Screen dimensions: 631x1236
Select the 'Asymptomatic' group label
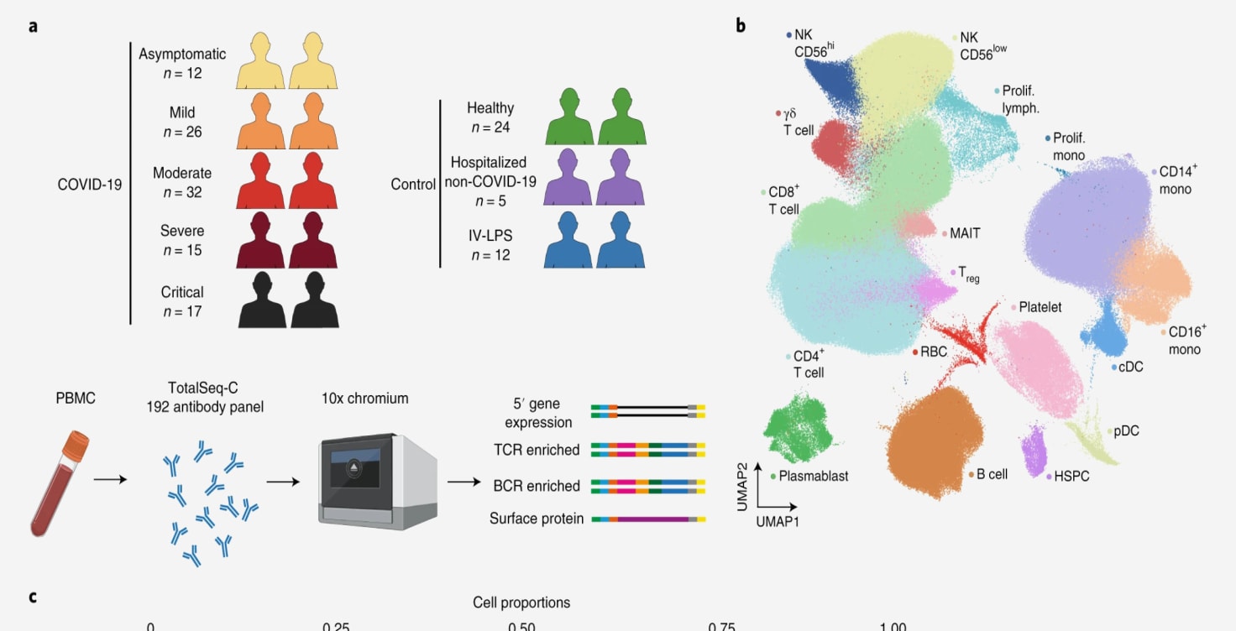pyautogui.click(x=182, y=55)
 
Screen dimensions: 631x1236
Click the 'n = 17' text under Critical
pyautogui.click(x=182, y=312)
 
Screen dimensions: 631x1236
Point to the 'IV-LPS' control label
pyautogui.click(x=490, y=236)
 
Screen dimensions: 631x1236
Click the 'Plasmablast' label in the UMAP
pyautogui.click(x=813, y=477)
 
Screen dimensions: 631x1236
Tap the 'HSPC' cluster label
pyautogui.click(x=1071, y=477)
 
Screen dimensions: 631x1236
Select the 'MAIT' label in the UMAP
pyautogui.click(x=965, y=233)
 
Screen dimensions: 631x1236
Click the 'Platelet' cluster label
pyautogui.click(x=1040, y=307)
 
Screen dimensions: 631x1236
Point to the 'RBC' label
pyautogui.click(x=934, y=352)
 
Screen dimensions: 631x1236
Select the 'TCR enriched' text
pyautogui.click(x=537, y=451)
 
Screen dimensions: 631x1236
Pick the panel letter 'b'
pyautogui.click(x=741, y=26)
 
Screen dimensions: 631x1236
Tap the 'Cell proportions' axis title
pyautogui.click(x=521, y=602)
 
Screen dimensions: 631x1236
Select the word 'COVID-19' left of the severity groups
pyautogui.click(x=89, y=184)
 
